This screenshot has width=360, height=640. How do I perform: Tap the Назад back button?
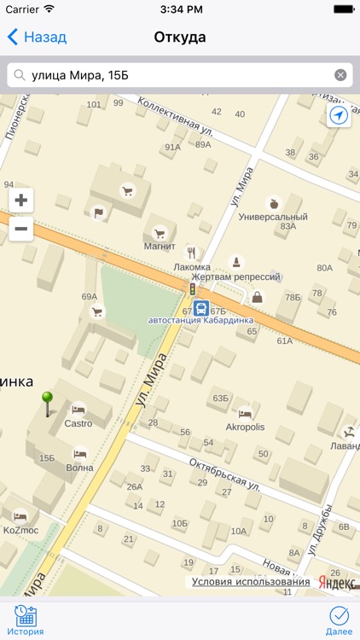click(x=38, y=38)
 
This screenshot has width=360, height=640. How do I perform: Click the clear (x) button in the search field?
click(x=340, y=75)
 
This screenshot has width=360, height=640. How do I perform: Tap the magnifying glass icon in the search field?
click(x=20, y=75)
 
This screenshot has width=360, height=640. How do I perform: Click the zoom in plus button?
click(x=21, y=201)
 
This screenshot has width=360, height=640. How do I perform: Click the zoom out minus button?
click(x=21, y=228)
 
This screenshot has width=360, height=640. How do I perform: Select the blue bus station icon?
click(x=199, y=309)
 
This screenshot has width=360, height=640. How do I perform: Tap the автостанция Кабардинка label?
click(x=200, y=322)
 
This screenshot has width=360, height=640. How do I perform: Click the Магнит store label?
click(x=159, y=247)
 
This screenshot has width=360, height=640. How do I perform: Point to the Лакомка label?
click(x=191, y=266)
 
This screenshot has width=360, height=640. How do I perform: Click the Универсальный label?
click(x=273, y=217)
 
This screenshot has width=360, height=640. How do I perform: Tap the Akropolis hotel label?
click(x=245, y=427)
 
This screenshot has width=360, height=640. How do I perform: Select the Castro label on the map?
click(x=78, y=423)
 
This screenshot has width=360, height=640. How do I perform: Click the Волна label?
click(x=79, y=468)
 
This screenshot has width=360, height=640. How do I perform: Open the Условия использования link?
click(x=251, y=582)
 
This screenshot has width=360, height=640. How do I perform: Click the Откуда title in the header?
click(x=180, y=38)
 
